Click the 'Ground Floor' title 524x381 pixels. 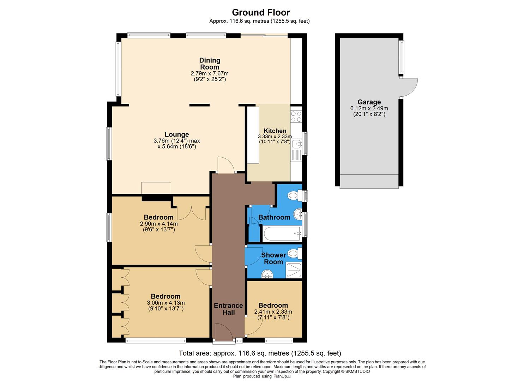tap(261, 13)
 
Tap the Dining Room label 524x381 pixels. tap(210, 64)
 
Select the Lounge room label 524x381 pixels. tap(177, 134)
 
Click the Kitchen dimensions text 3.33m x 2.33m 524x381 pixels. tap(275, 137)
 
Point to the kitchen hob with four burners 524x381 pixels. tap(296, 116)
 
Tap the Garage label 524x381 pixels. tap(369, 102)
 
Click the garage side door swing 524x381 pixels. tap(409, 87)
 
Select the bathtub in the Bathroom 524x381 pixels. tap(281, 234)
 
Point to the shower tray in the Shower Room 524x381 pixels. tap(294, 270)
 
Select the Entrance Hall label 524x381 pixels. tap(228, 309)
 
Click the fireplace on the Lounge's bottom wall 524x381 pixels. tap(156, 188)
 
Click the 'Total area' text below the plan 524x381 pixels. tap(260, 353)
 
